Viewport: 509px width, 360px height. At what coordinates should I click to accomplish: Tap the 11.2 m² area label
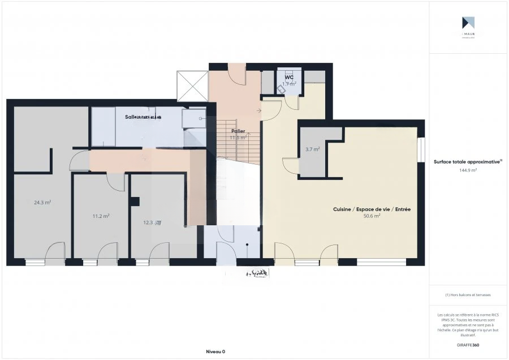tap(101, 216)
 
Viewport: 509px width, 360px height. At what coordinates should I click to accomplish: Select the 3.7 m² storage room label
tap(313, 149)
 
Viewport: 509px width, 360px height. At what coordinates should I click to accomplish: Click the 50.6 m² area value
tap(372, 216)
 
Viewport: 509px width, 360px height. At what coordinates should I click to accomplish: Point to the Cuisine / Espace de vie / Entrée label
tap(372, 209)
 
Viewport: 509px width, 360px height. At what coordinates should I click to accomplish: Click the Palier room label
tap(238, 131)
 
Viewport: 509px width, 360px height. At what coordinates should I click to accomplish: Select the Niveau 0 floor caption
tap(215, 352)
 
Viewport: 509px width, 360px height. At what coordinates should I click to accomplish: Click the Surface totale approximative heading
tap(468, 161)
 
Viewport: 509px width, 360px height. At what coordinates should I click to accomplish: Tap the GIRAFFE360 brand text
tap(468, 345)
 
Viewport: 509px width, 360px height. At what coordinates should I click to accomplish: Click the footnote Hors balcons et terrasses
tap(468, 295)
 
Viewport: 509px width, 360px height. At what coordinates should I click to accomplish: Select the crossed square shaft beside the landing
tap(193, 86)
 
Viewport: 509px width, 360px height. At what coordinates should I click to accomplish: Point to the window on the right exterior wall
tap(421, 150)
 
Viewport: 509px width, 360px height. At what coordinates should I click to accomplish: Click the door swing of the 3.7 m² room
tap(291, 165)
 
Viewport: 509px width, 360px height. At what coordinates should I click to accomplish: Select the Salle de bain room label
tap(143, 117)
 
